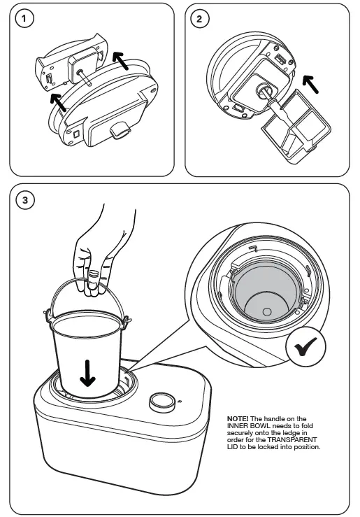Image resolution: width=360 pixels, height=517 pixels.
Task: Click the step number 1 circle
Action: [x=26, y=19]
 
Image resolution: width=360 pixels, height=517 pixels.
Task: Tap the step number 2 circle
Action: [x=201, y=19]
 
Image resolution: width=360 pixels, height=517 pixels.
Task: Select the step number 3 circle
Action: [x=26, y=201]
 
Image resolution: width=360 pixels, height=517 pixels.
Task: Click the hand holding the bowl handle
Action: [x=98, y=248]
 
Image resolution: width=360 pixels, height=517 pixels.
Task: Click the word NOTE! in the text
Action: [x=238, y=418]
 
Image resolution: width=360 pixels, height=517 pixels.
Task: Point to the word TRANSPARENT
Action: [x=299, y=440]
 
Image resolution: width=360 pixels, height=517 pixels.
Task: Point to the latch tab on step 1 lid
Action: [x=117, y=129]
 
